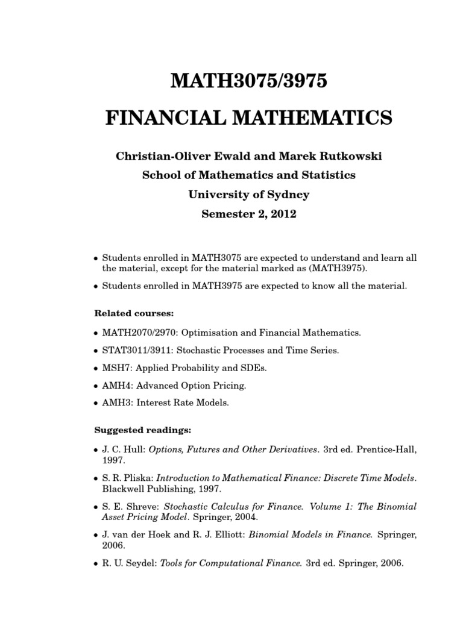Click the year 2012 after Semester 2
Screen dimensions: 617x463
282,214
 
